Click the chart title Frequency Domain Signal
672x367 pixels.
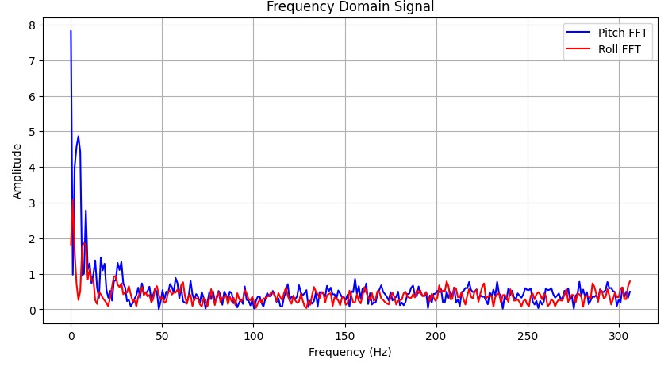(350, 7)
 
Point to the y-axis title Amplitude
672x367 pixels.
(17, 171)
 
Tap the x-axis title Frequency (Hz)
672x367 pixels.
(350, 352)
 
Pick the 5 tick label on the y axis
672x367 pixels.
(33, 132)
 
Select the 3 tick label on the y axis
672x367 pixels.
(33, 203)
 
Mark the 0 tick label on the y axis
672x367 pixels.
(33, 310)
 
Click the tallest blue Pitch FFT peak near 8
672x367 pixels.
(71, 32)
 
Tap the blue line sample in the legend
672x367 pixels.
(577, 33)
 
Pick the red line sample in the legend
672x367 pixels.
(577, 49)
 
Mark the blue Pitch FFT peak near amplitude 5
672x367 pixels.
(78, 137)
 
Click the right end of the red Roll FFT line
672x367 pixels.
(630, 281)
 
